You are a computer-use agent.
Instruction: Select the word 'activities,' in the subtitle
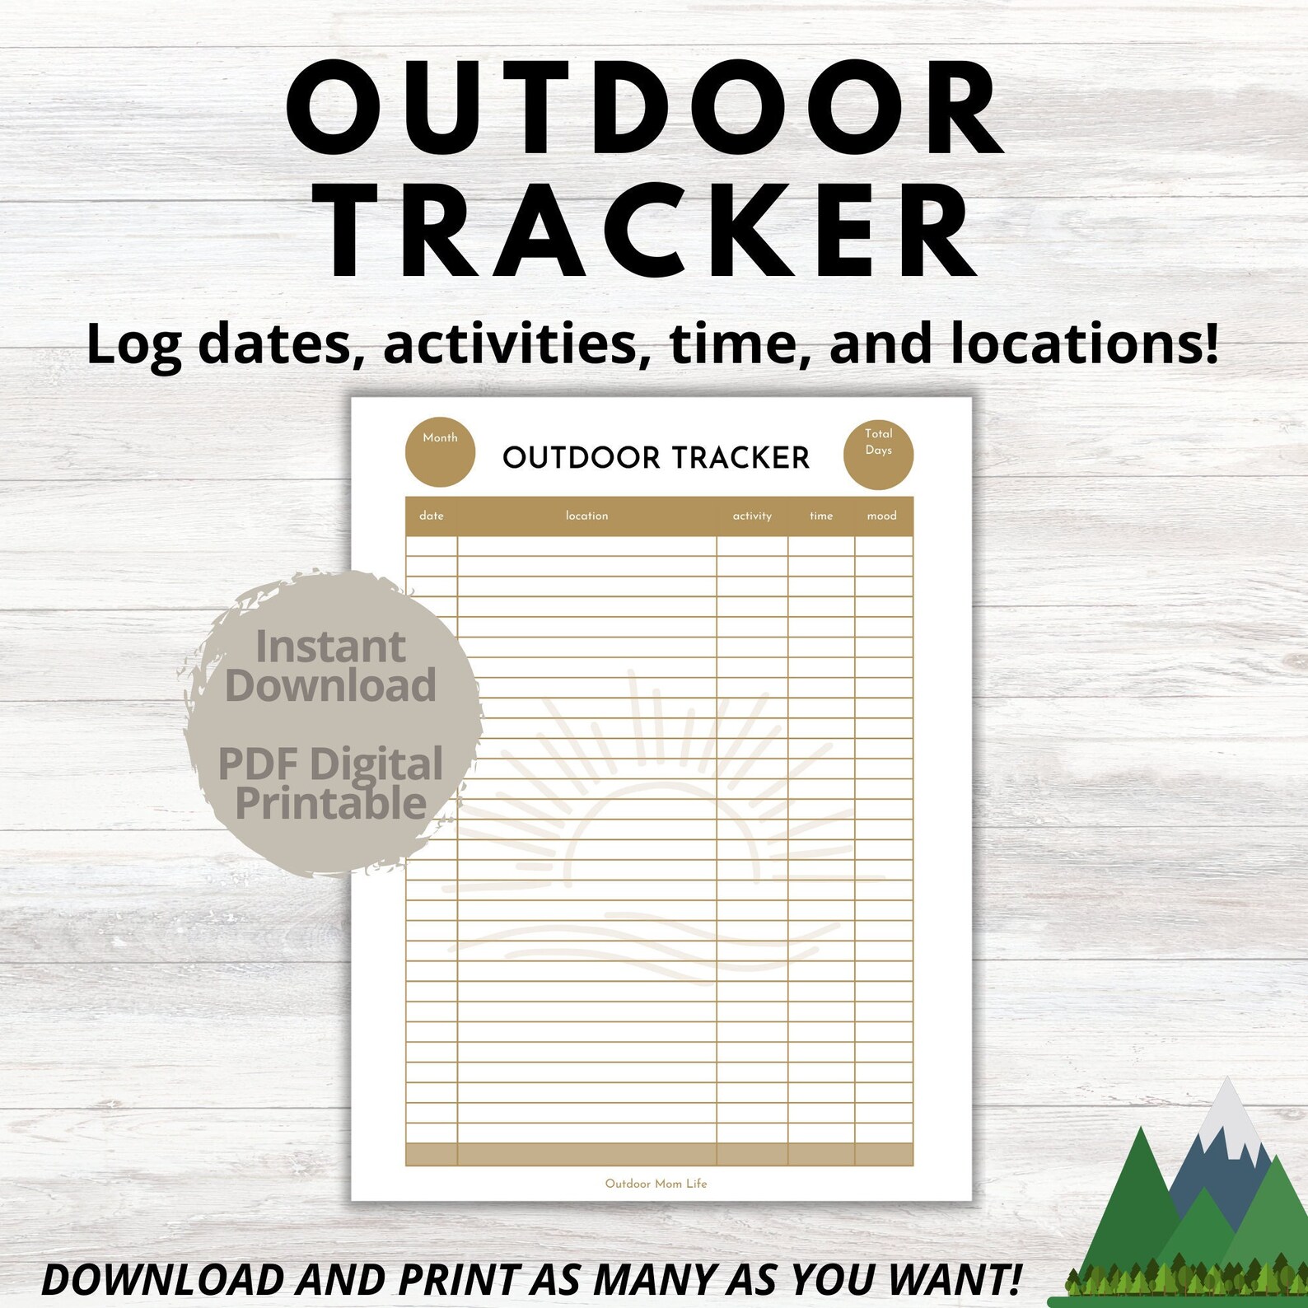coord(511,343)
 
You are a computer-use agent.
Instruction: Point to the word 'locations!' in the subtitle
coord(1085,343)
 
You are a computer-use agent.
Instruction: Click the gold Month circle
coord(440,452)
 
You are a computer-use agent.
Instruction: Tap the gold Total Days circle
coord(878,454)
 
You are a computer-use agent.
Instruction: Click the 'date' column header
coord(432,516)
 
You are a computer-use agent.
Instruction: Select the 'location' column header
coord(586,516)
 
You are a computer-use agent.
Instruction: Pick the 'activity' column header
coord(752,516)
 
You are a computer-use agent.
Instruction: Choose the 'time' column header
coord(821,516)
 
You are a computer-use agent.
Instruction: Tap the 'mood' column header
coord(881,516)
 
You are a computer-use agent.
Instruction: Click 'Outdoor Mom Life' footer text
coord(656,1184)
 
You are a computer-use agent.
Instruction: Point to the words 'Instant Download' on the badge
coord(331,666)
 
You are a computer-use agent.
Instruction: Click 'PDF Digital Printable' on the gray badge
coord(331,783)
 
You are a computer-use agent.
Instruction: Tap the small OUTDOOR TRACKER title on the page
coord(656,458)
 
